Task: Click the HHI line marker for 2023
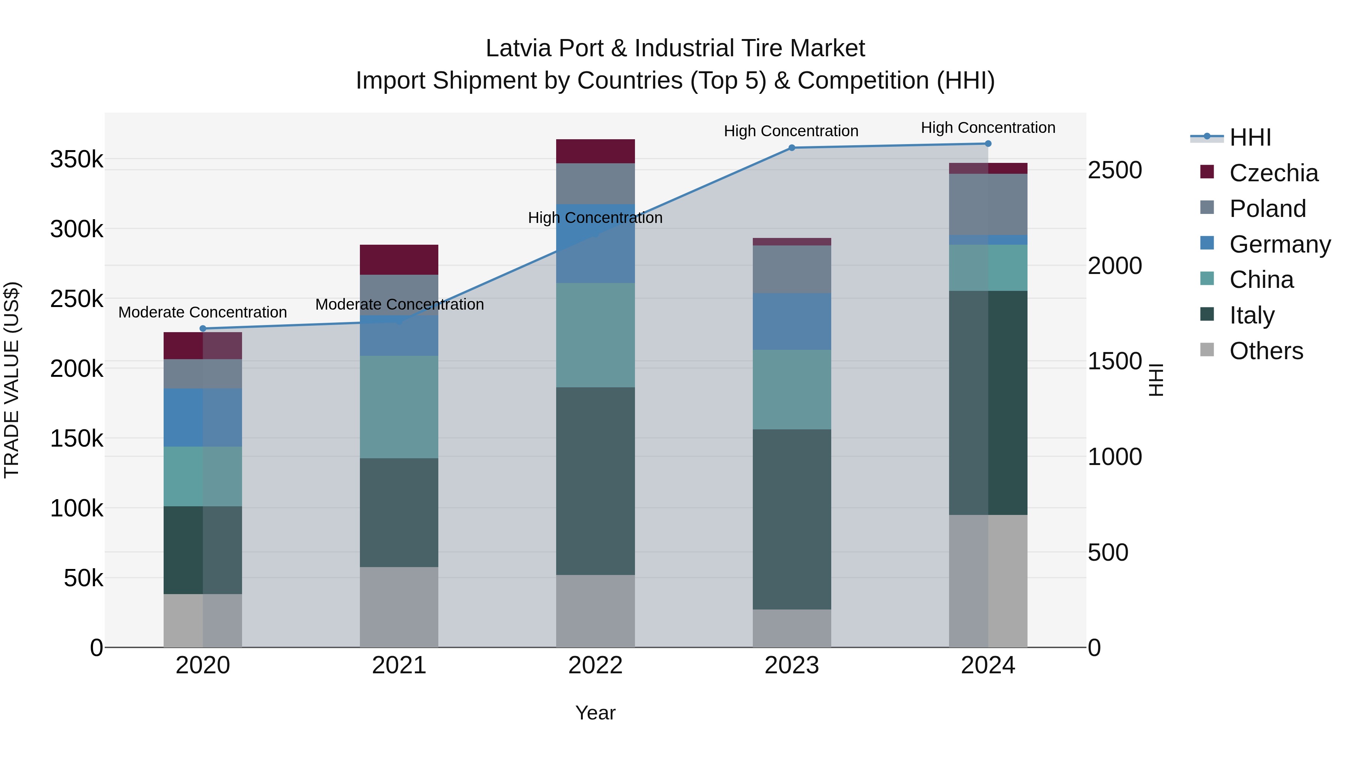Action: [792, 148]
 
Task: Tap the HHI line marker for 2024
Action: [988, 144]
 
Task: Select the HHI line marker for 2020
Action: [203, 329]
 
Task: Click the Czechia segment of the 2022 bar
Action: [595, 151]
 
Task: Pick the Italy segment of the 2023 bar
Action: [792, 519]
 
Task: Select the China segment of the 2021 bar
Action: [399, 407]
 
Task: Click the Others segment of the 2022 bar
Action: [595, 611]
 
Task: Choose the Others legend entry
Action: [1266, 351]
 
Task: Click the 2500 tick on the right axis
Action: [1115, 170]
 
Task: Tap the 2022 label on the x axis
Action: [595, 665]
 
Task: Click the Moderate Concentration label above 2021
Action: [399, 305]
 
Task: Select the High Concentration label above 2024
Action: [988, 128]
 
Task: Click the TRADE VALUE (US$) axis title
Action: [12, 380]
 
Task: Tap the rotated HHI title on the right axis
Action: [1156, 380]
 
